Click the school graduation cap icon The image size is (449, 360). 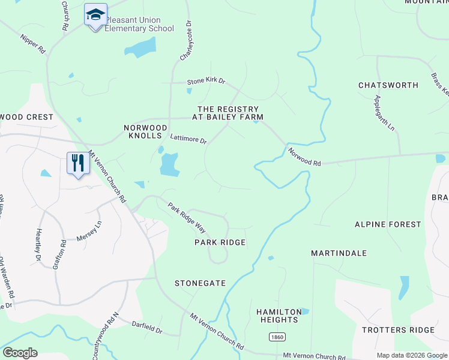point(95,15)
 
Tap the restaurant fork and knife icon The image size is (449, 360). point(78,163)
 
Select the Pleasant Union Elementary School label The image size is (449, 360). point(139,24)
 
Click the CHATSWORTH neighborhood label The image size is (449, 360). point(388,85)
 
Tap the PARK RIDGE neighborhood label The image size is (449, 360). point(220,242)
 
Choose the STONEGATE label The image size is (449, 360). point(200,283)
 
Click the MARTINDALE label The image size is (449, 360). point(339,253)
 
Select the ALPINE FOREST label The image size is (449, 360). point(388,224)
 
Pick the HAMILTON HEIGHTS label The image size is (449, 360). point(279,316)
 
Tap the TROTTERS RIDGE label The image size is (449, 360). point(397,330)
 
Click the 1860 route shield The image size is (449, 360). point(276,337)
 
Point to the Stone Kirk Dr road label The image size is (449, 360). point(205,80)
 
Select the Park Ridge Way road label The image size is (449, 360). point(187,218)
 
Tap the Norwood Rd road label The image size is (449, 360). point(304,158)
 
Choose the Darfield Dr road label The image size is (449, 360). point(147,328)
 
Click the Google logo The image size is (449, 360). point(20,353)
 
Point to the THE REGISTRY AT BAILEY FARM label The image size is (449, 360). point(228,113)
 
